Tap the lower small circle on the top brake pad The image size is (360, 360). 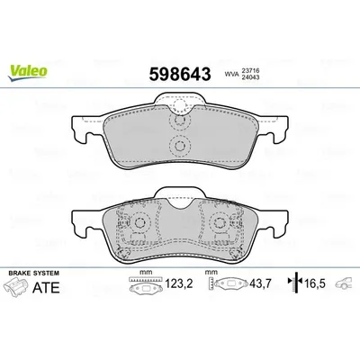[179, 148]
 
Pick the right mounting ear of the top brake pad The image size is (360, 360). [278, 129]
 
